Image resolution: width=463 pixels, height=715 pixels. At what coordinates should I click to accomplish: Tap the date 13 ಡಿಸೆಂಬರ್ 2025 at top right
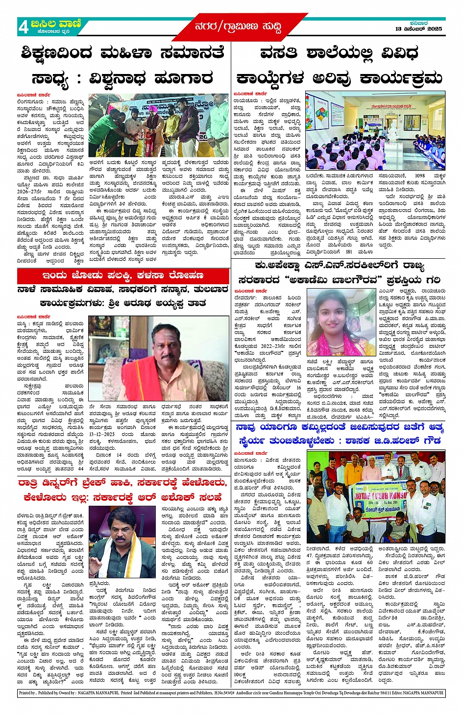coord(418,29)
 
